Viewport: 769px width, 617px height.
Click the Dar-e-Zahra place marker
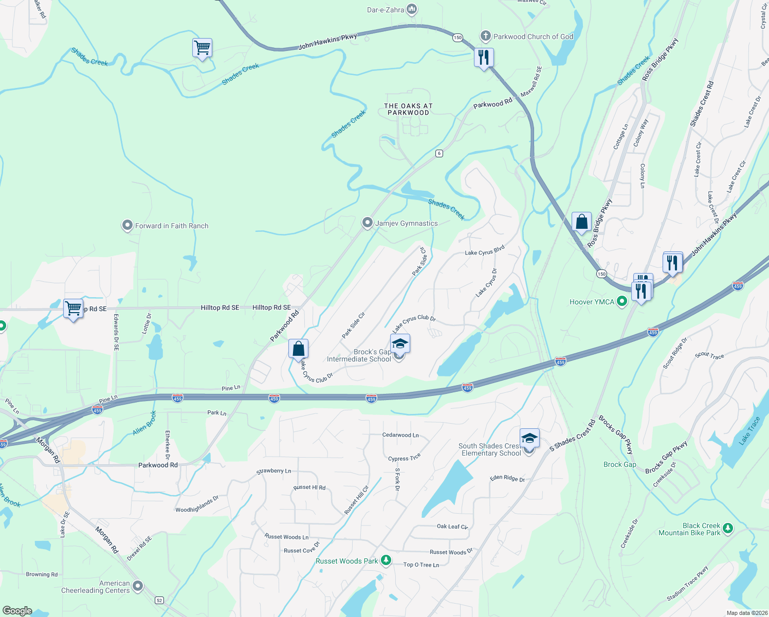pyautogui.click(x=412, y=9)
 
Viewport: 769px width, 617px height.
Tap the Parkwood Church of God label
pyautogui.click(x=533, y=37)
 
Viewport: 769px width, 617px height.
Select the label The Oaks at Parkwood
pyautogui.click(x=408, y=109)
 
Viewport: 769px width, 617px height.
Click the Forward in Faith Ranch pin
pyautogui.click(x=127, y=226)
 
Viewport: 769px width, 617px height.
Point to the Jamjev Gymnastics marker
pyautogui.click(x=367, y=223)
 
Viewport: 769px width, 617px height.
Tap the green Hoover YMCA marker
pyautogui.click(x=622, y=302)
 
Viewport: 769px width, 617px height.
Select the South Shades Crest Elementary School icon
pyautogui.click(x=529, y=439)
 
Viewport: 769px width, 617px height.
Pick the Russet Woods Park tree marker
pyautogui.click(x=386, y=560)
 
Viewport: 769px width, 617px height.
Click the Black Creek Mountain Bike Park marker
pyautogui.click(x=727, y=528)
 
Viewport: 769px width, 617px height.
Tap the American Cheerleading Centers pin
pyautogui.click(x=137, y=586)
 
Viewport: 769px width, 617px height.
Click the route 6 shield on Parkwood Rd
pyautogui.click(x=438, y=153)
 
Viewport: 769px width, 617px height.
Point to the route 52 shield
pyautogui.click(x=159, y=600)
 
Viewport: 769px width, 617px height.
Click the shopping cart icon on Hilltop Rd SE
pyautogui.click(x=74, y=308)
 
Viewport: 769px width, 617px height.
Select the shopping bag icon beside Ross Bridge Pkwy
pyautogui.click(x=581, y=223)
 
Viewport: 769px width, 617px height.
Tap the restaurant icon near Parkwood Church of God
pyautogui.click(x=483, y=57)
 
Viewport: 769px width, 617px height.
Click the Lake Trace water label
pyautogui.click(x=749, y=431)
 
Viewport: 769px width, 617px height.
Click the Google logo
pyautogui.click(x=17, y=610)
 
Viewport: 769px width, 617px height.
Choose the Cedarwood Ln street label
pyautogui.click(x=400, y=435)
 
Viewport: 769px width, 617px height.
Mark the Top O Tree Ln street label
pyautogui.click(x=421, y=565)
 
